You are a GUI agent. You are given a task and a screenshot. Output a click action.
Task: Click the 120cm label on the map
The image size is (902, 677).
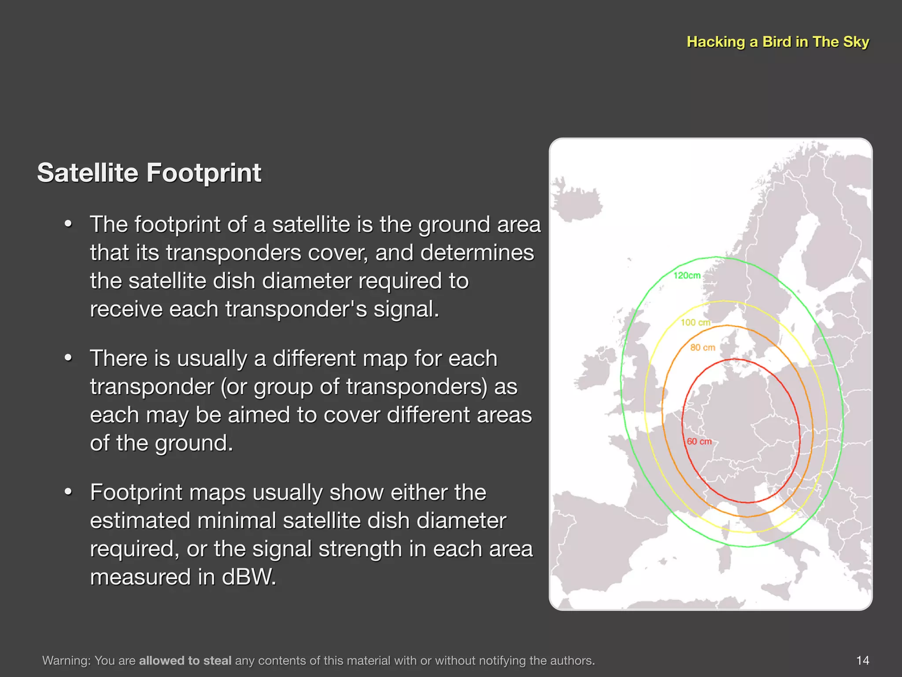(687, 275)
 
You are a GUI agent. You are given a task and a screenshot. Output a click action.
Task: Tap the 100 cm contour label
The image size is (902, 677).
(695, 323)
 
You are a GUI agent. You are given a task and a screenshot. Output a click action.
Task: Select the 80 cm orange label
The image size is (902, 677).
(702, 348)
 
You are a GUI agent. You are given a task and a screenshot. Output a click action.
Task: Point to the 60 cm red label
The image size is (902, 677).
(699, 442)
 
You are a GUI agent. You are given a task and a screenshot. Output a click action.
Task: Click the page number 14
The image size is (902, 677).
(862, 660)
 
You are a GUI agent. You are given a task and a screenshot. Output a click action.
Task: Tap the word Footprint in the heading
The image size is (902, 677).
(204, 172)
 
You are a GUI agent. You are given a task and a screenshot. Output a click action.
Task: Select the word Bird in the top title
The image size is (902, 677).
(776, 42)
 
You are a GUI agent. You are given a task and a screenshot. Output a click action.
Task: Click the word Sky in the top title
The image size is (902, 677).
(856, 42)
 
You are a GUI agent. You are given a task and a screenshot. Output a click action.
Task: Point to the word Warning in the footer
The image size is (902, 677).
(66, 660)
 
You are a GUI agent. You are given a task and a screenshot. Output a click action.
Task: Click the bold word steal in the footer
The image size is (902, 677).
(217, 660)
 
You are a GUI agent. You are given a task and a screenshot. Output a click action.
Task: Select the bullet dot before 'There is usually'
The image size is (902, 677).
(68, 358)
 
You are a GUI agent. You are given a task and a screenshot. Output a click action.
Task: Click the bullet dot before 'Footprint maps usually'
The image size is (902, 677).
(68, 492)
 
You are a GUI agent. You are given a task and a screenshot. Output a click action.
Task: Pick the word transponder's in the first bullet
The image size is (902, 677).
(296, 309)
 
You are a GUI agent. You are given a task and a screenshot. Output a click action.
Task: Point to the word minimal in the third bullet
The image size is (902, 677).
(236, 521)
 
